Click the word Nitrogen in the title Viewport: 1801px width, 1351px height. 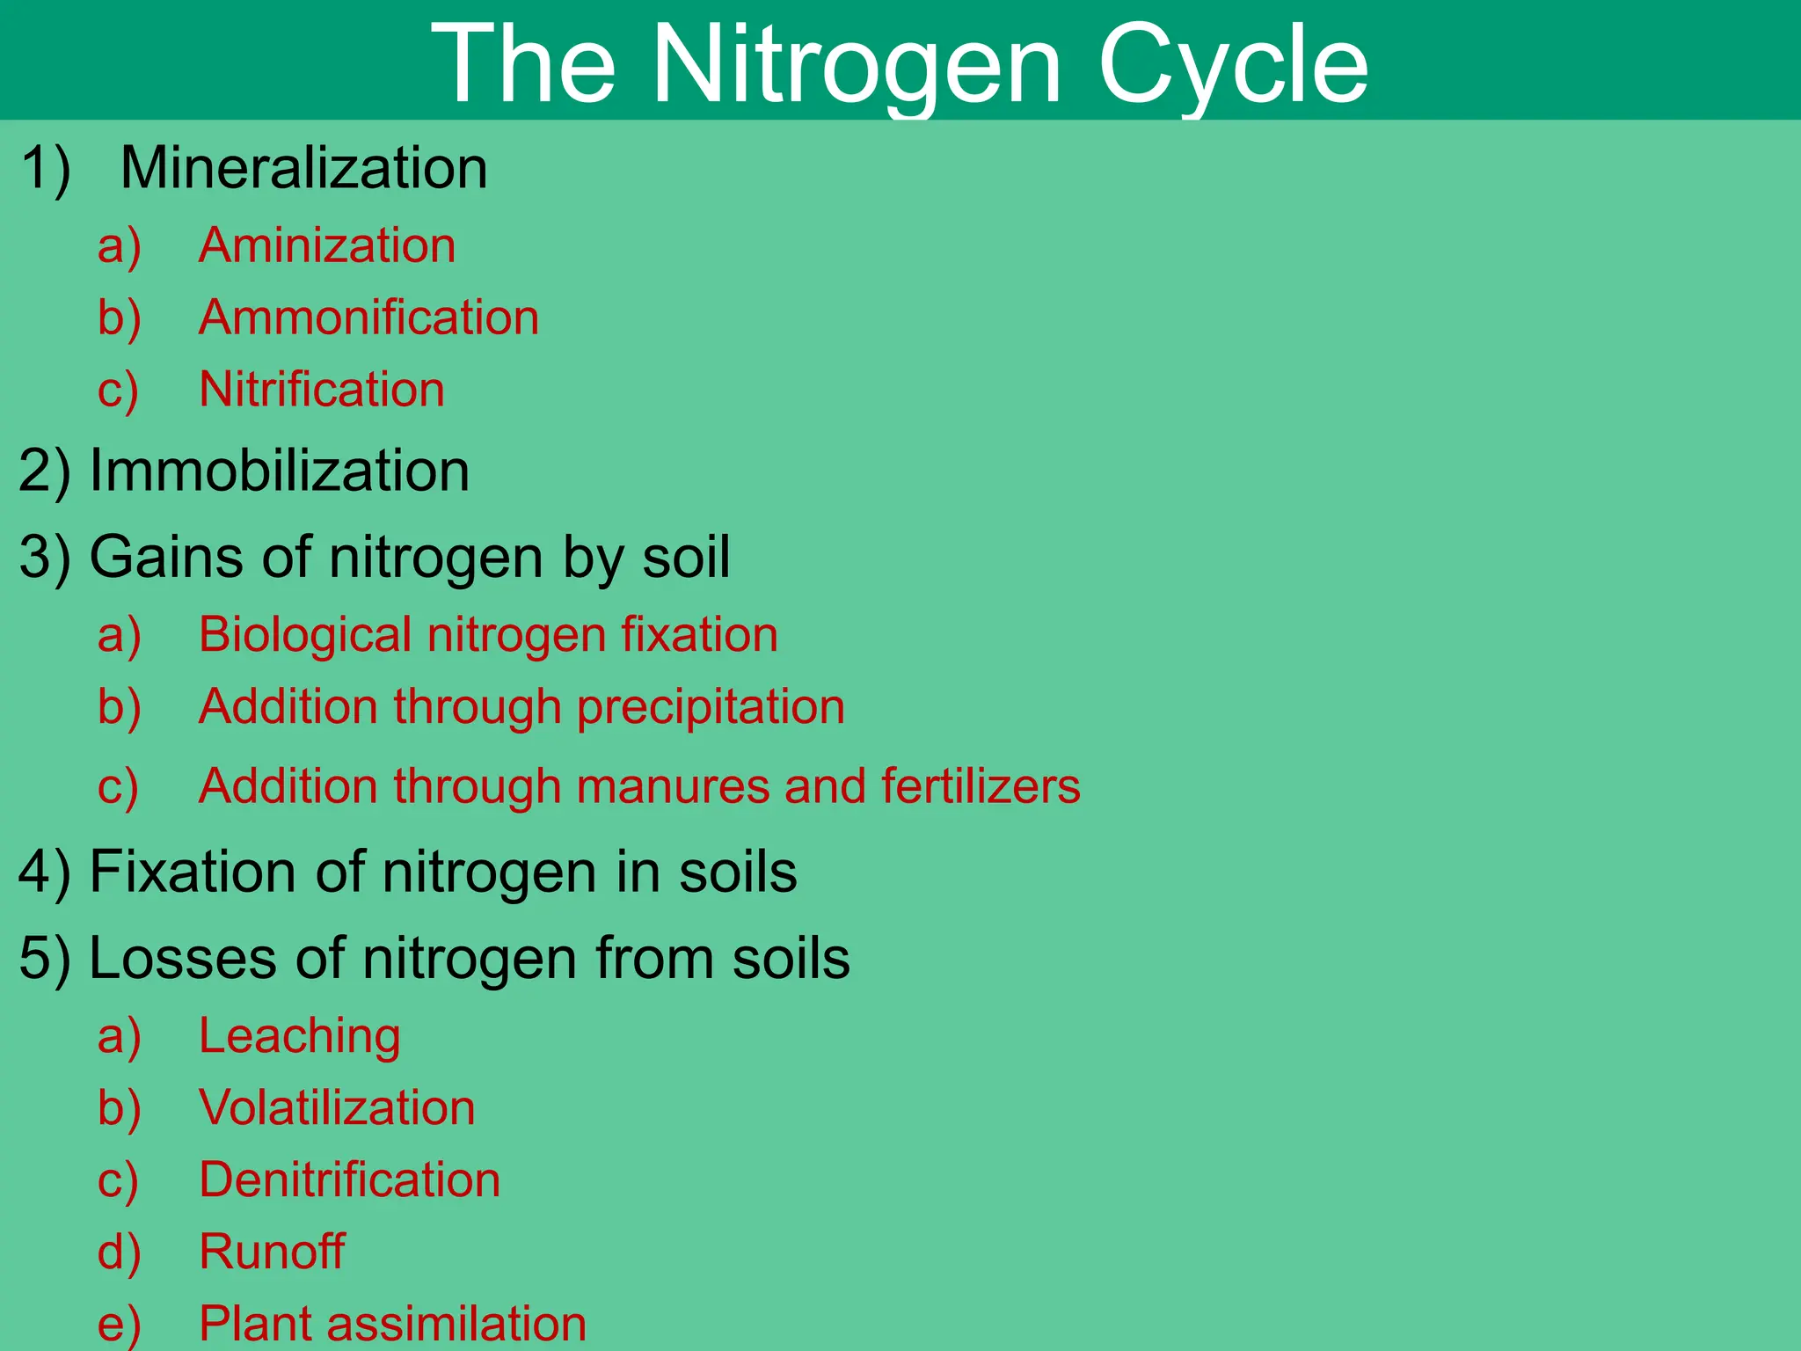[857, 66]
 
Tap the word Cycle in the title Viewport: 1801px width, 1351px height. [1233, 66]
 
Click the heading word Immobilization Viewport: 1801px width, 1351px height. [280, 470]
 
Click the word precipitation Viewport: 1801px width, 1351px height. [711, 707]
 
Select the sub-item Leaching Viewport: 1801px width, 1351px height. [300, 1035]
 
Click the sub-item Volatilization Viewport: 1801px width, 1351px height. [337, 1107]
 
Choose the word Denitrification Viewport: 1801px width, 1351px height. [349, 1179]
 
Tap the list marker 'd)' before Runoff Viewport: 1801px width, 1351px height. [119, 1252]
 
